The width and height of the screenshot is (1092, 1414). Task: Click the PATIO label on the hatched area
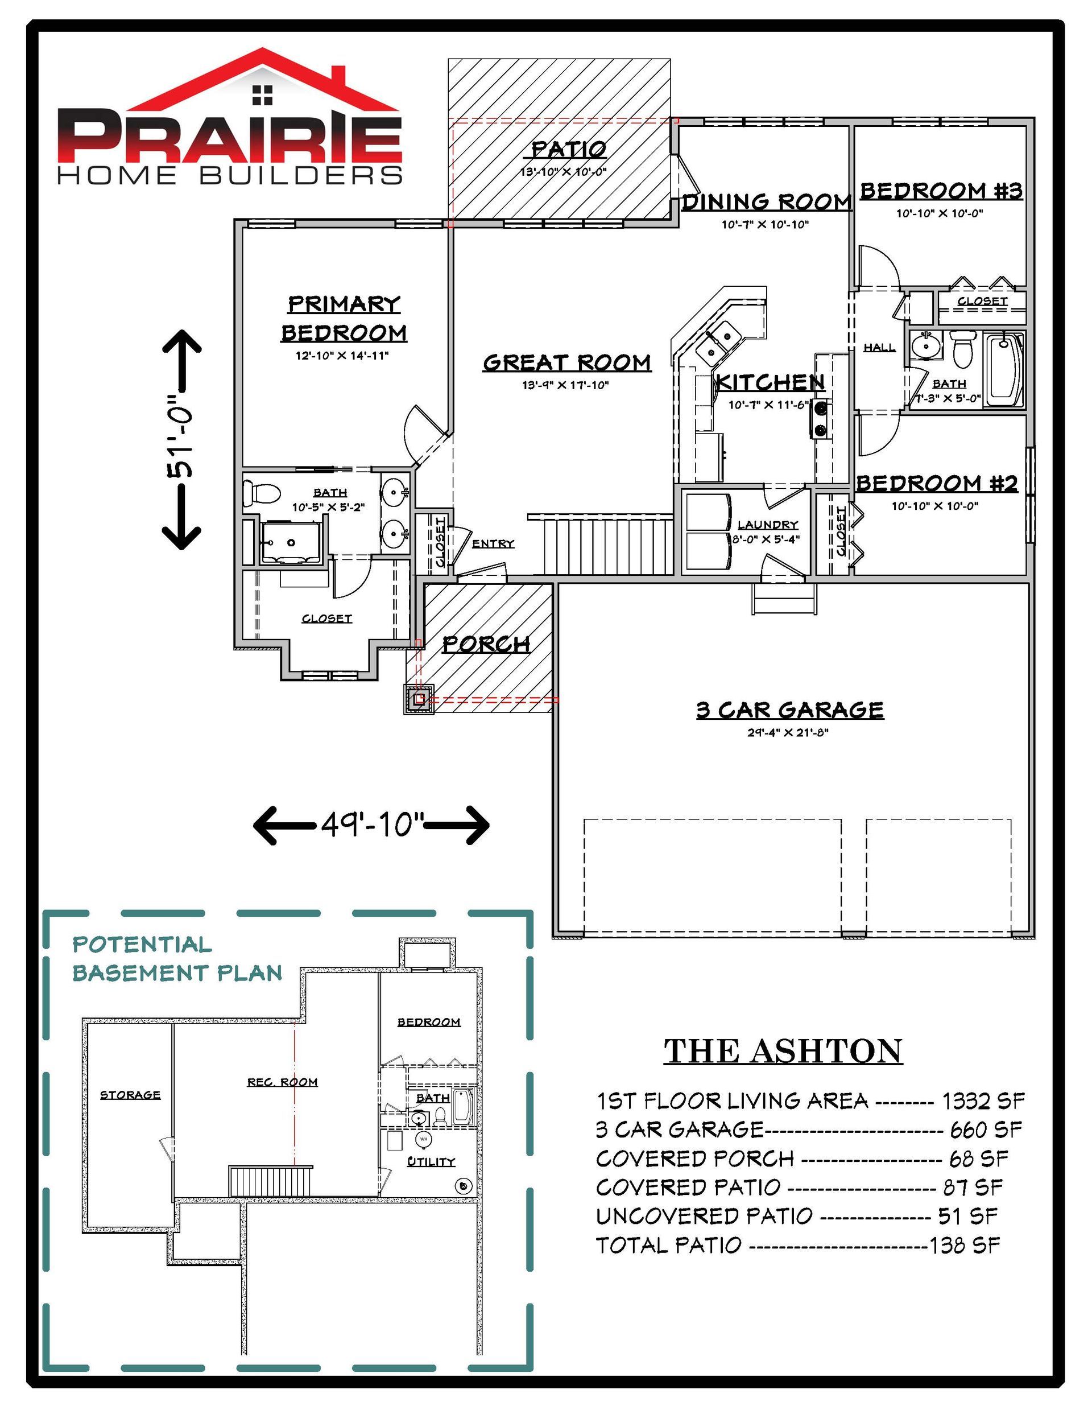point(569,149)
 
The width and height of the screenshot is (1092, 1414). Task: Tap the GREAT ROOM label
point(567,362)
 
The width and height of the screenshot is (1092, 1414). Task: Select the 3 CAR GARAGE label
point(790,710)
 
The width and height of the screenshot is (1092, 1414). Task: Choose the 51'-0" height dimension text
point(181,440)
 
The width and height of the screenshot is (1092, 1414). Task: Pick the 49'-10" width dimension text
point(372,825)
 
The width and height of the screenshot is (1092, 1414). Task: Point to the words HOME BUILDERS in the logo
point(230,175)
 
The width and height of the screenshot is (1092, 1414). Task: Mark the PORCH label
point(487,644)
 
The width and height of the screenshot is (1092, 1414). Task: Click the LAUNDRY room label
point(768,525)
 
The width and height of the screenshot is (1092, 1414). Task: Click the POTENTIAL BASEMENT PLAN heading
point(177,958)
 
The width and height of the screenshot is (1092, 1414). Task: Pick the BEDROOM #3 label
point(941,191)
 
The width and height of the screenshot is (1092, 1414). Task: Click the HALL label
point(880,348)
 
